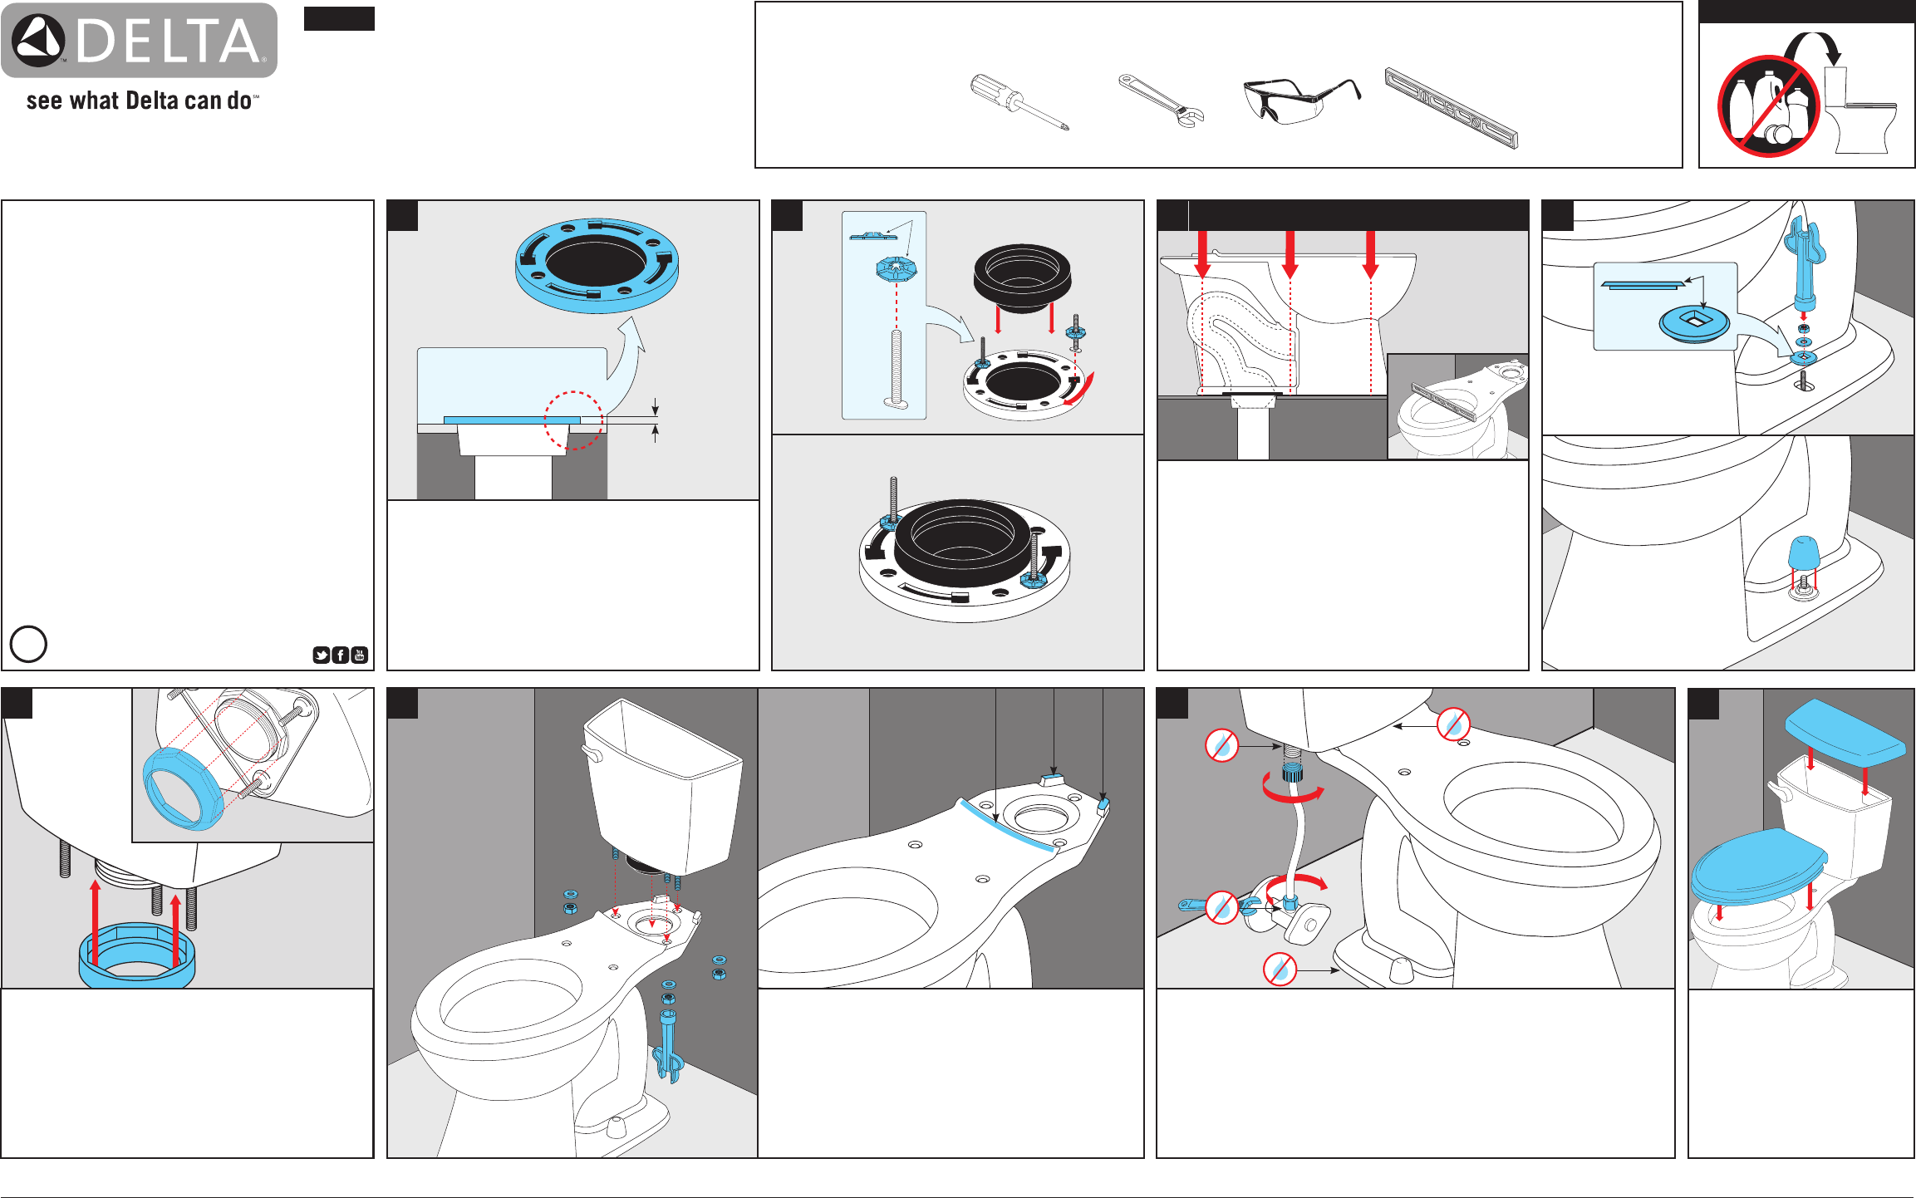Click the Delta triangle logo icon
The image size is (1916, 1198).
point(38,41)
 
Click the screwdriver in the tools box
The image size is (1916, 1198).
point(1019,102)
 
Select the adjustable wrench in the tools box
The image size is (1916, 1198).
point(1161,101)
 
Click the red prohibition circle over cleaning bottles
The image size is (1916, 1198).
point(1769,106)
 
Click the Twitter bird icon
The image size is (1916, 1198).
point(322,655)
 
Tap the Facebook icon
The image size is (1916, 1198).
point(341,655)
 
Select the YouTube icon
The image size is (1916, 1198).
point(360,655)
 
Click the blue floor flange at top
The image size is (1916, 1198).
point(597,265)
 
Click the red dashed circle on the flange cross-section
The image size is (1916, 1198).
point(573,420)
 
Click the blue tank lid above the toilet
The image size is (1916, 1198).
point(1845,733)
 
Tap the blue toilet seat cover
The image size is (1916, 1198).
point(1759,867)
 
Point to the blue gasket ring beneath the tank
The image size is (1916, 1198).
point(137,958)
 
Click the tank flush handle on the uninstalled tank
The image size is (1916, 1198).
point(592,753)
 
